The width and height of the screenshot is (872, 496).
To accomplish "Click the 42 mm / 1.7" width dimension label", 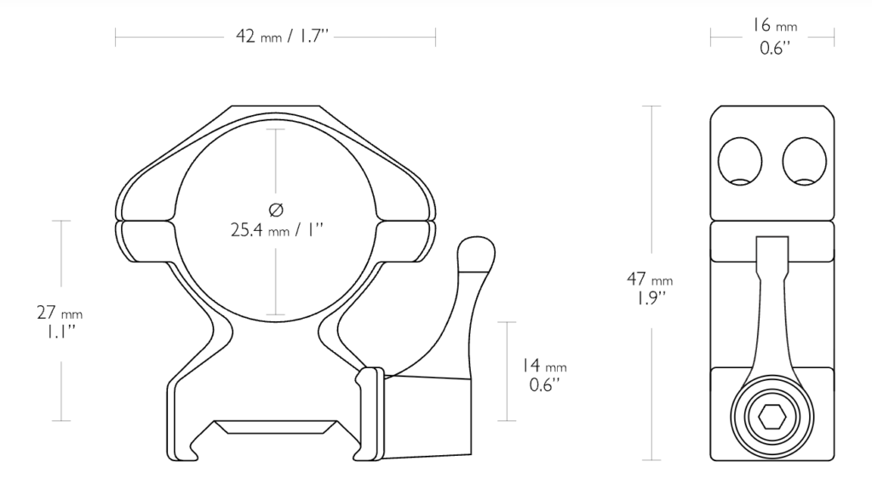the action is click(x=283, y=36).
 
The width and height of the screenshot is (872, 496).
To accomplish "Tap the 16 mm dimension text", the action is click(x=775, y=26).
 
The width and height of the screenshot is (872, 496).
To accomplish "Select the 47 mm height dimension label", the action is click(x=650, y=279).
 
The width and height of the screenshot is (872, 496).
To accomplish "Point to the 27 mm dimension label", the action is click(x=60, y=312).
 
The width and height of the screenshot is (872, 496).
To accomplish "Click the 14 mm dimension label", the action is click(x=544, y=366).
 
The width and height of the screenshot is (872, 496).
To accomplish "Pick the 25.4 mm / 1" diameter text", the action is click(x=277, y=229).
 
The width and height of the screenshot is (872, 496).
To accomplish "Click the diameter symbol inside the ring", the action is click(x=276, y=210).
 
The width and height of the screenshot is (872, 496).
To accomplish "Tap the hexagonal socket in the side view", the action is click(x=772, y=417).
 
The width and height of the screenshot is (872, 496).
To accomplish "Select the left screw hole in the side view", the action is click(x=740, y=161).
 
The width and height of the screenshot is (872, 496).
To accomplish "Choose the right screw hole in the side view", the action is click(x=804, y=161).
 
